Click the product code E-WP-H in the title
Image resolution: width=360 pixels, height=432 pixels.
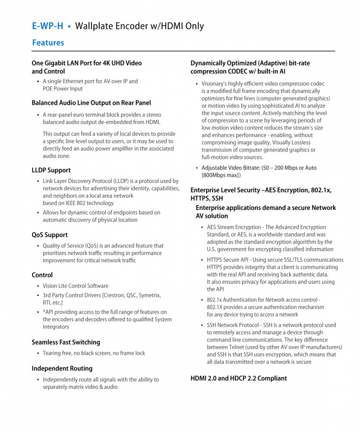point(47,26)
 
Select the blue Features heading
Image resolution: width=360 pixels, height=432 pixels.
point(48,43)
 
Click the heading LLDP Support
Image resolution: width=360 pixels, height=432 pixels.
point(51,170)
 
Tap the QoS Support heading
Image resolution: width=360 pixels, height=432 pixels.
point(49,235)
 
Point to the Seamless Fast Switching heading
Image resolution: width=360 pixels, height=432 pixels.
point(66,342)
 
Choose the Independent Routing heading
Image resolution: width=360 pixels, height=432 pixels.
point(62,368)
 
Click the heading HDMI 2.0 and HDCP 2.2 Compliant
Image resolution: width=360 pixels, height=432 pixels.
point(238,378)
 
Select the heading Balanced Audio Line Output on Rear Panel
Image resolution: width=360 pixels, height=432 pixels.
point(91,103)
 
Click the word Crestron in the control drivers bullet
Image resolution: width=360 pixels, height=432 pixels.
point(117,295)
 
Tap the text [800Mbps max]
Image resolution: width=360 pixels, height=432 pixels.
point(221,175)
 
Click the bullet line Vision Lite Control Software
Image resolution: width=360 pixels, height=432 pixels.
point(75,286)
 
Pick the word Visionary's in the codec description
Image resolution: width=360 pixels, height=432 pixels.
point(218,84)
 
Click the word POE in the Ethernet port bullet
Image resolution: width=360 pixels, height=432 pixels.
point(49,88)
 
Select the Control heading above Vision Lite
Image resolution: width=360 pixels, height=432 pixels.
point(42,275)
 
